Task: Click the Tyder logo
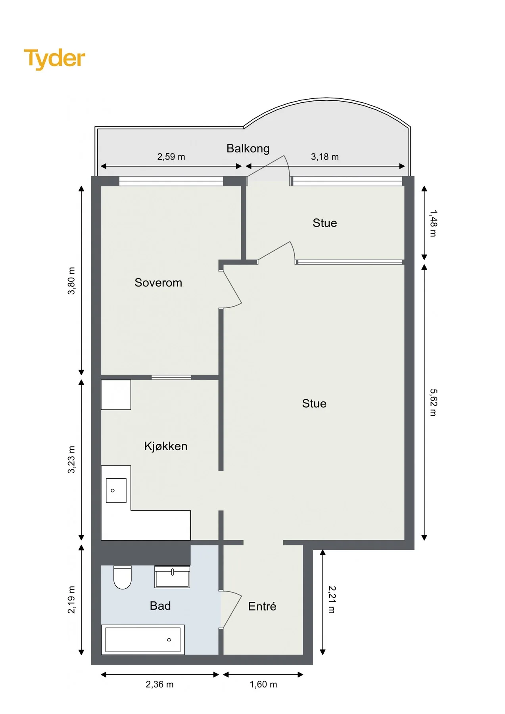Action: coord(54,59)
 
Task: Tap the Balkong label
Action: coord(248,148)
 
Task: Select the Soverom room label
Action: coord(158,282)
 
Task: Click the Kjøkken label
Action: coord(166,446)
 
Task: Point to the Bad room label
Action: coord(160,606)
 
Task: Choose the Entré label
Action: coord(262,606)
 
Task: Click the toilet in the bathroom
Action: coord(123,577)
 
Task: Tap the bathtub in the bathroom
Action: coord(143,639)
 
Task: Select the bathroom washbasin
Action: coord(172,577)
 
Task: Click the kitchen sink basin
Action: coord(116,490)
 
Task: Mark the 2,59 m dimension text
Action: coord(171,157)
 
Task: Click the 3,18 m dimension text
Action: coord(325,157)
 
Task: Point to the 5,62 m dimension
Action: coord(433,402)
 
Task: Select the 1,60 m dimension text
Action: coord(263,684)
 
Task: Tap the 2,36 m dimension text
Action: coord(159,684)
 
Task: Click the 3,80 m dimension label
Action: coord(71,281)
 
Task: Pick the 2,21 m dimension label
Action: coord(332,600)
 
